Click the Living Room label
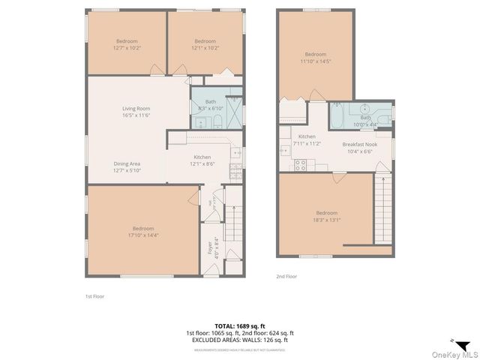point(137,109)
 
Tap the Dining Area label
point(127,163)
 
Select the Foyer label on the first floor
point(210,248)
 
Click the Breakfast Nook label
point(358,144)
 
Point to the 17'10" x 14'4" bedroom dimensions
point(143,235)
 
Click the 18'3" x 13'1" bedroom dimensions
point(325,220)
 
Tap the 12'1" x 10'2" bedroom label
point(205,41)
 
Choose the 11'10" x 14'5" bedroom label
point(315,54)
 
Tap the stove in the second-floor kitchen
point(301,165)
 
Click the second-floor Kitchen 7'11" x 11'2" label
point(307,140)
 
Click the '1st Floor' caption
point(94,296)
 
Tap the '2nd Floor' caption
point(286,276)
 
